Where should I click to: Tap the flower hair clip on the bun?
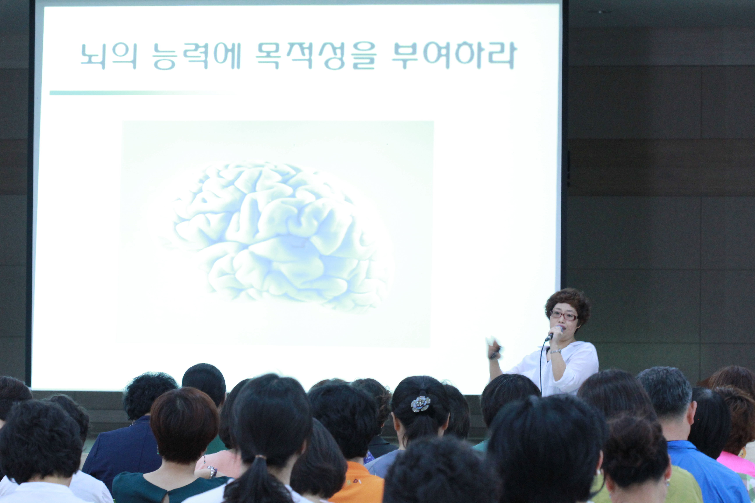click(420, 404)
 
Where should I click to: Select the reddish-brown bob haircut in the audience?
click(185, 423)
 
